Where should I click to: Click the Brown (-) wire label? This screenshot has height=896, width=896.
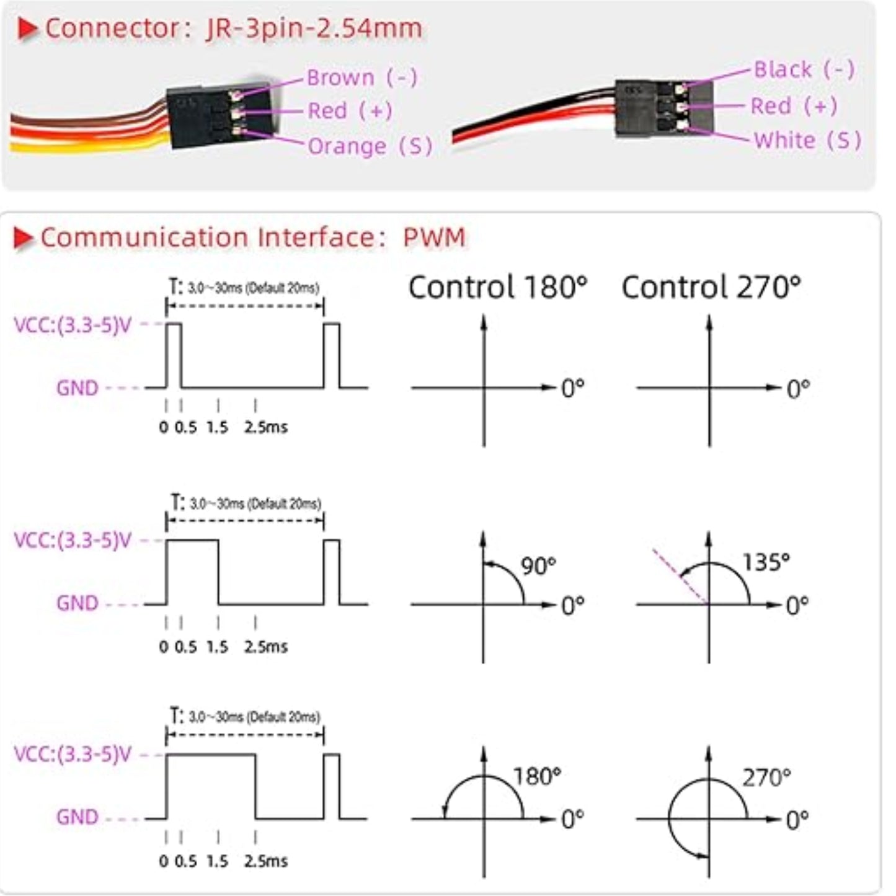(362, 78)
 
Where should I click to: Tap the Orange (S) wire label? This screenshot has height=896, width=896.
(370, 146)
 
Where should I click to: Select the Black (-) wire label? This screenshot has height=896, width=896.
(804, 69)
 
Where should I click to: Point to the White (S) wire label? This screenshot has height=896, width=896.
(807, 141)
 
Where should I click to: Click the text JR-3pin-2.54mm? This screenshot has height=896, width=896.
(314, 29)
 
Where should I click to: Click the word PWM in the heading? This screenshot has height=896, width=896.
(433, 237)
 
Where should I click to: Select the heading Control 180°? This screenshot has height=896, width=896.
(497, 288)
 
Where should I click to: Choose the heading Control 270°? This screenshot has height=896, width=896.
(711, 288)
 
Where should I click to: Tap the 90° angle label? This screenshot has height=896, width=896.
(538, 566)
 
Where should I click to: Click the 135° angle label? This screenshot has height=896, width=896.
(766, 562)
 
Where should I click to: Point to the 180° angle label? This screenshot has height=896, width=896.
(536, 776)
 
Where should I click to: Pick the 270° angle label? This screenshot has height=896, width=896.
(766, 777)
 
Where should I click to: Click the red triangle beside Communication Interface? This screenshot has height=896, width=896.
(24, 238)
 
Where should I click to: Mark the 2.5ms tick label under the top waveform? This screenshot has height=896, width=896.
(265, 427)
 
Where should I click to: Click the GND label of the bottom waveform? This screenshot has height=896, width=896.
(77, 817)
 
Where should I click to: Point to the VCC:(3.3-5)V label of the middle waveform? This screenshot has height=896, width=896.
(73, 540)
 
